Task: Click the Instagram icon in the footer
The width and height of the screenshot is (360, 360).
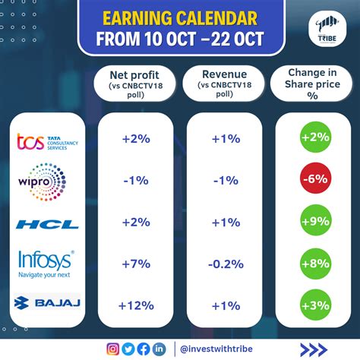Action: (113, 349)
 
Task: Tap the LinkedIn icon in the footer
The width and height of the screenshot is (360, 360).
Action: (159, 349)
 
